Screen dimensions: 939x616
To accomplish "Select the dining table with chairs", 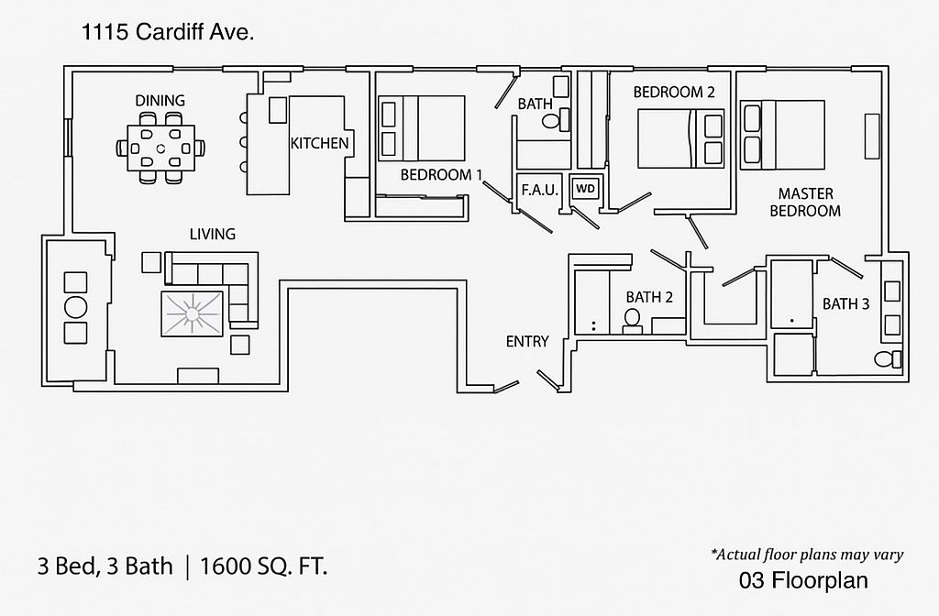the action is pyautogui.click(x=160, y=147).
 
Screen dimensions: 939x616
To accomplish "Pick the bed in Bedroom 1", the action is pyautogui.click(x=422, y=128).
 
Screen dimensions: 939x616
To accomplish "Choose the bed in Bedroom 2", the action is pyautogui.click(x=680, y=138).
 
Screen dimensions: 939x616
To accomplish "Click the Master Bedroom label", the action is pyautogui.click(x=805, y=203).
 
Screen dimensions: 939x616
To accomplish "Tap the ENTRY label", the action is pyautogui.click(x=527, y=342).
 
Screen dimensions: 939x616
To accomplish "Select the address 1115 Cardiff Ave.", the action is pyautogui.click(x=168, y=33).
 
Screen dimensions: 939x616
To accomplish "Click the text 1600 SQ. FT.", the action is pyautogui.click(x=269, y=566).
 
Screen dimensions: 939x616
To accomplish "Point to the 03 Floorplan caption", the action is pyautogui.click(x=802, y=580).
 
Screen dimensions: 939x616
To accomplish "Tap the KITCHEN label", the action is pyautogui.click(x=319, y=143).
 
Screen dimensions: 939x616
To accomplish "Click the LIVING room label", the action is pyautogui.click(x=212, y=234).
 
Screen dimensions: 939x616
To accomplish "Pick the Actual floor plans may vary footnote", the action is pyautogui.click(x=807, y=554).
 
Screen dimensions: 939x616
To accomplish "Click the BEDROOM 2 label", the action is pyautogui.click(x=673, y=92).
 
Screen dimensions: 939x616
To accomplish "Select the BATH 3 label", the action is pyautogui.click(x=845, y=303).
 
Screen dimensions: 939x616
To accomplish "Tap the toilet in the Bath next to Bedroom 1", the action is pyautogui.click(x=552, y=119).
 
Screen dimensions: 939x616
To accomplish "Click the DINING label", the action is pyautogui.click(x=160, y=100).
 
